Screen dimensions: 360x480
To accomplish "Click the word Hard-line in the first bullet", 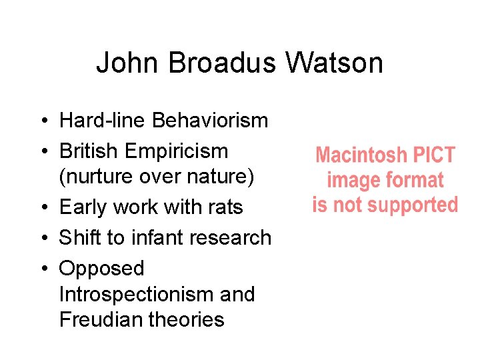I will pyautogui.click(x=103, y=121).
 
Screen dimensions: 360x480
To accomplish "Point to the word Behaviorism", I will pyautogui.click(x=210, y=121).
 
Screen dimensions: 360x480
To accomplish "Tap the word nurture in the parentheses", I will pyautogui.click(x=95, y=177).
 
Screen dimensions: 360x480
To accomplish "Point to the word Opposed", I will pyautogui.click(x=101, y=269).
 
